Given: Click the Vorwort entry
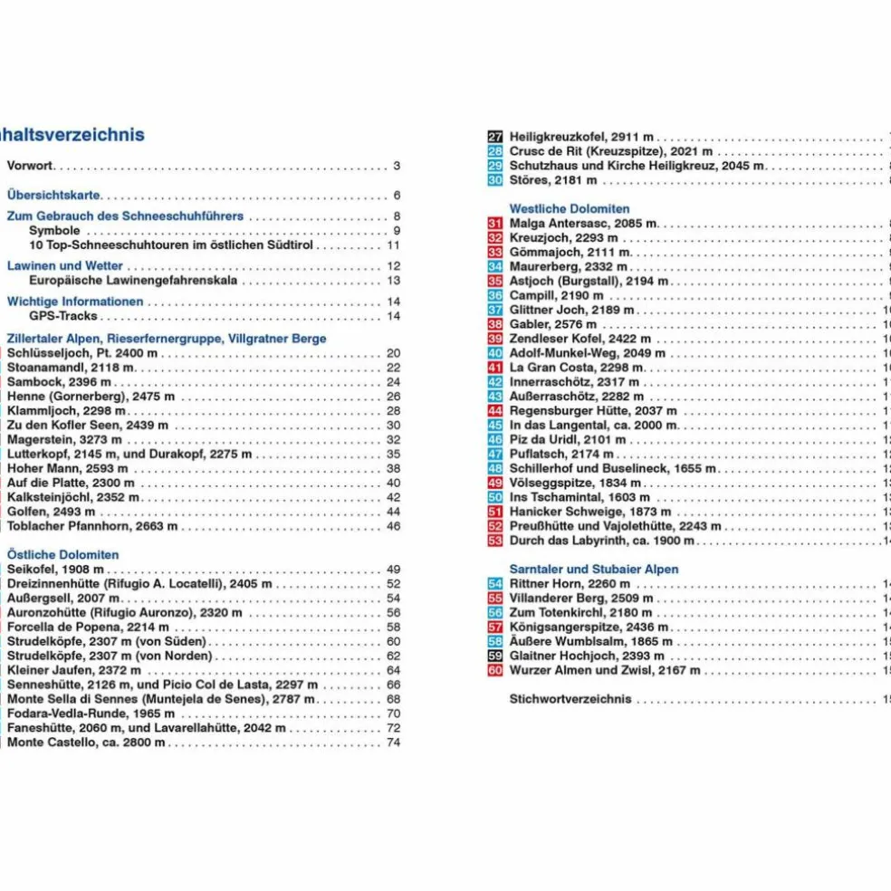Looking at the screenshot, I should click(30, 166).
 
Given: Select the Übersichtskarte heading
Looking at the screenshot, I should click(53, 195).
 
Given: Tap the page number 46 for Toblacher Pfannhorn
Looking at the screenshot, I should click(393, 526).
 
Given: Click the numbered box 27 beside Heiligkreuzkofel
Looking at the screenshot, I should click(494, 137).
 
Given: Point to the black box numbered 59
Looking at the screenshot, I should click(494, 656).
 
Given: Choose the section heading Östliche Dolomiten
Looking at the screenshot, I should click(62, 554).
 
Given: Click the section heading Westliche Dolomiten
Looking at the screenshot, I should click(569, 208).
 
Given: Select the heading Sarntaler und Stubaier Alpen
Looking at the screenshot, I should click(593, 569).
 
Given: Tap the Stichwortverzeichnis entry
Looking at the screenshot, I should click(570, 699).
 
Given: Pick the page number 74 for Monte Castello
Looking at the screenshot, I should click(393, 742).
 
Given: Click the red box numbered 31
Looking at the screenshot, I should click(494, 223).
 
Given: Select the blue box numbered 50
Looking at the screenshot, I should click(494, 497).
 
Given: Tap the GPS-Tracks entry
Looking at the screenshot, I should click(62, 316).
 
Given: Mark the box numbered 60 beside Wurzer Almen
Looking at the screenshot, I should click(494, 670).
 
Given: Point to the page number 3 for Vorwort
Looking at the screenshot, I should click(397, 166).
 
